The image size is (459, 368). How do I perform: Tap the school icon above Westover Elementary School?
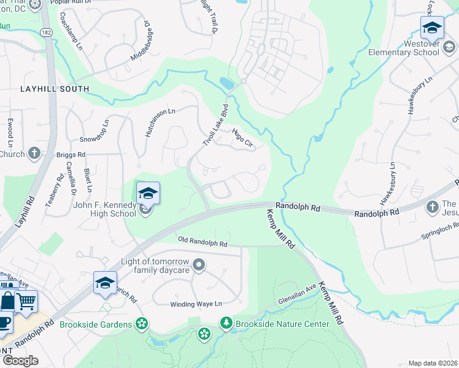point(432,28)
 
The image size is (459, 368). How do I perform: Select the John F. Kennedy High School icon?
point(147,194)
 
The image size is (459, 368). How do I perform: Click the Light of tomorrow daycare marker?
point(198,265)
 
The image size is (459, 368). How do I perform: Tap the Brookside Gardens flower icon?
point(142,323)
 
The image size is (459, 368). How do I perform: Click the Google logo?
point(20,360)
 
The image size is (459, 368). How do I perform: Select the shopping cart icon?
point(26,301)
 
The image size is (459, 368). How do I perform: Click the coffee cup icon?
point(5,322)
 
